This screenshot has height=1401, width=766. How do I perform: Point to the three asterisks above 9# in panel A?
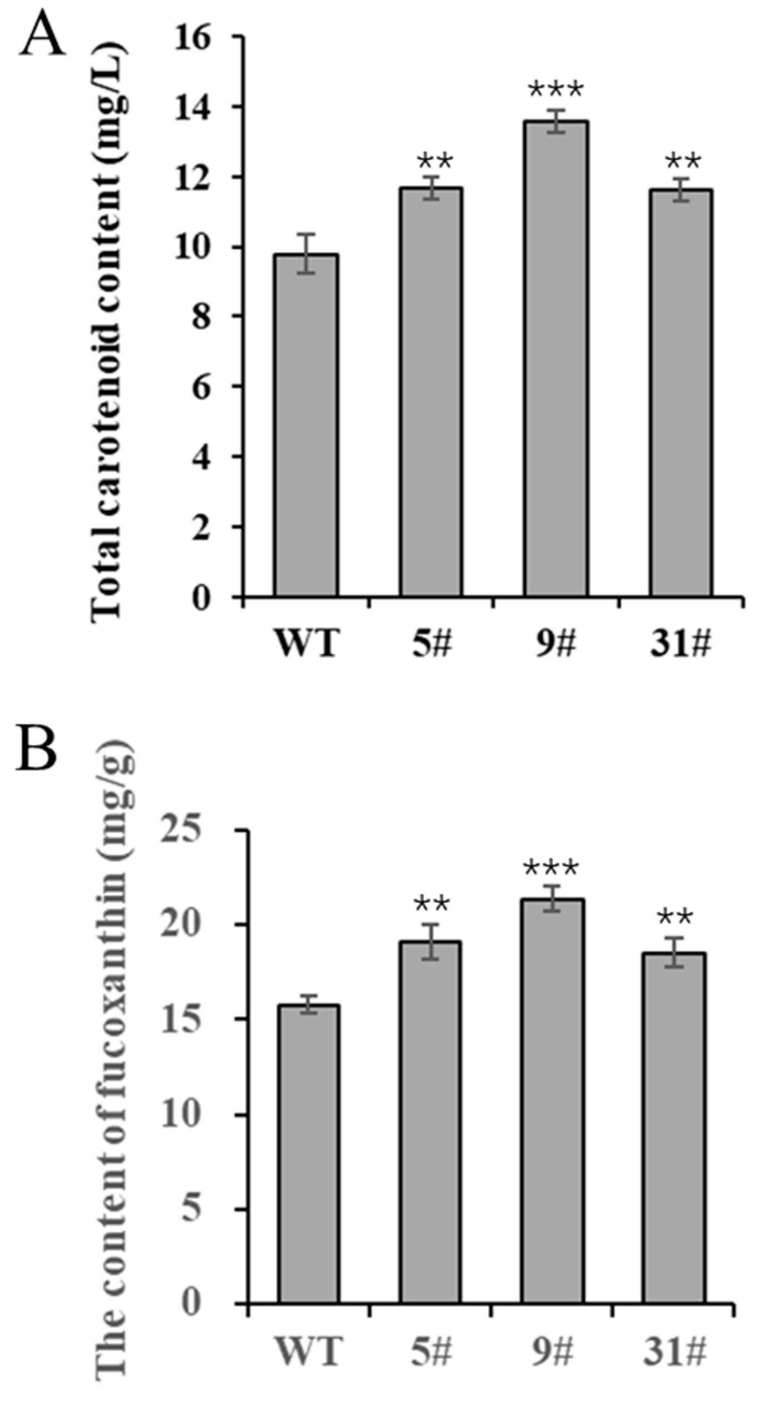click(556, 89)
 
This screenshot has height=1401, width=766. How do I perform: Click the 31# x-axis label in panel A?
click(680, 645)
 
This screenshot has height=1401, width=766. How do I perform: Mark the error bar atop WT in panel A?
click(306, 253)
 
